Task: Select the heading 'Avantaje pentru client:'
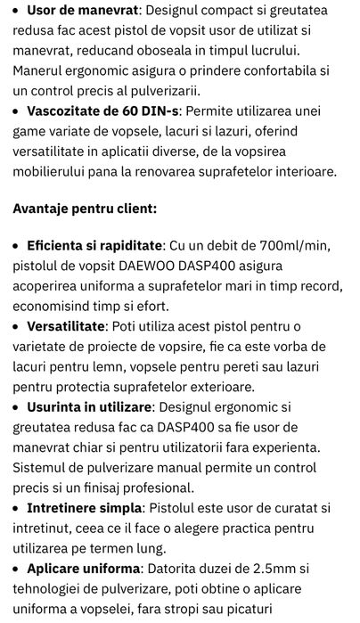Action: tap(85, 209)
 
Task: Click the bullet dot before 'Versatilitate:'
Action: tap(17, 327)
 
